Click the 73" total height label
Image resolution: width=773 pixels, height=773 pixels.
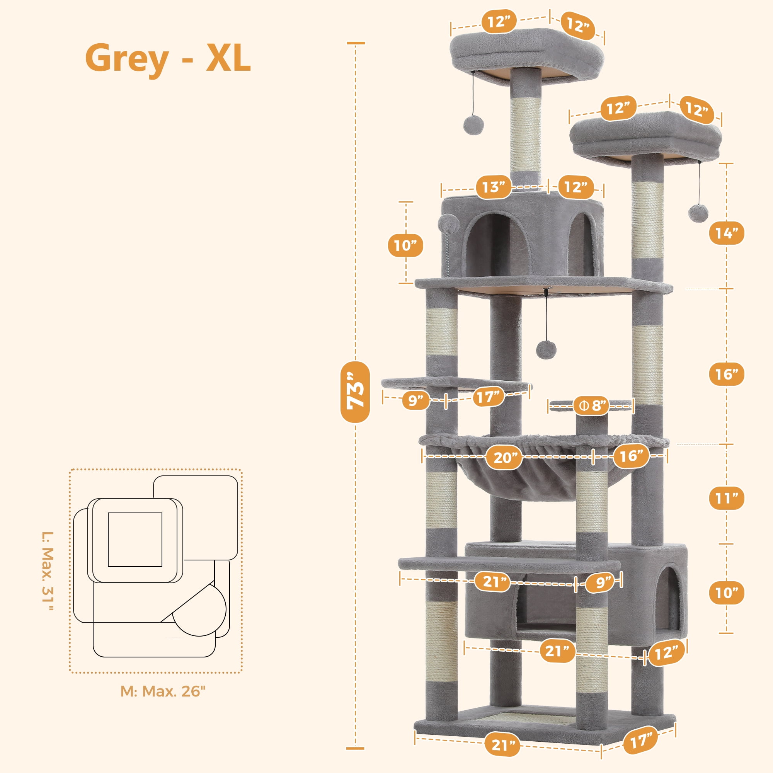(x=355, y=392)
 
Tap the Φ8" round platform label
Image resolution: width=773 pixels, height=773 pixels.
(x=591, y=406)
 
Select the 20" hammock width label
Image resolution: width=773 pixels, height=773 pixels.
(x=504, y=457)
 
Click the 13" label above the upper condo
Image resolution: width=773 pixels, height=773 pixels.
(x=493, y=187)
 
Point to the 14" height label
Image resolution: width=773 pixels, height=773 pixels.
(x=727, y=233)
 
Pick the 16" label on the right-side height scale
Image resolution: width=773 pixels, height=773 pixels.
(x=727, y=375)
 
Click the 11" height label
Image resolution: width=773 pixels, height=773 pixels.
(x=727, y=498)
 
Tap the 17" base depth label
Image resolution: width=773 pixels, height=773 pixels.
(x=641, y=741)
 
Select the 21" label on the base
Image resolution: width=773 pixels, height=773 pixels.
(x=502, y=745)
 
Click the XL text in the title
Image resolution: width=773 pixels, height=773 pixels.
(x=228, y=58)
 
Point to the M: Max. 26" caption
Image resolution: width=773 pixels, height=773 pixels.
(x=163, y=691)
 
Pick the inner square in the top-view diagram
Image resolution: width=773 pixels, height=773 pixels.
(x=135, y=540)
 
